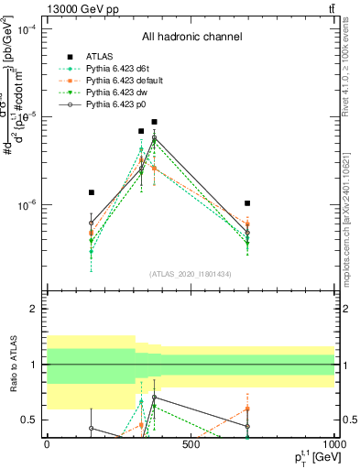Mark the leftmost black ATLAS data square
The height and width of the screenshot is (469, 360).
click(x=92, y=192)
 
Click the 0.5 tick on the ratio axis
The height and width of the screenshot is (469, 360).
click(x=28, y=420)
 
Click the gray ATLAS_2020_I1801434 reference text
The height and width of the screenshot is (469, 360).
click(x=191, y=274)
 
